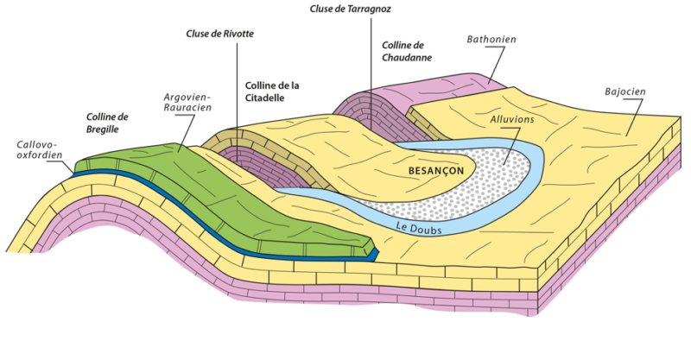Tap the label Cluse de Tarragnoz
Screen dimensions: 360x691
pos(352,9)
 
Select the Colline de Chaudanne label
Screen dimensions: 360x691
pos(405,51)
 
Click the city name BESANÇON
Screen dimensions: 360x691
pos(435,171)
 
